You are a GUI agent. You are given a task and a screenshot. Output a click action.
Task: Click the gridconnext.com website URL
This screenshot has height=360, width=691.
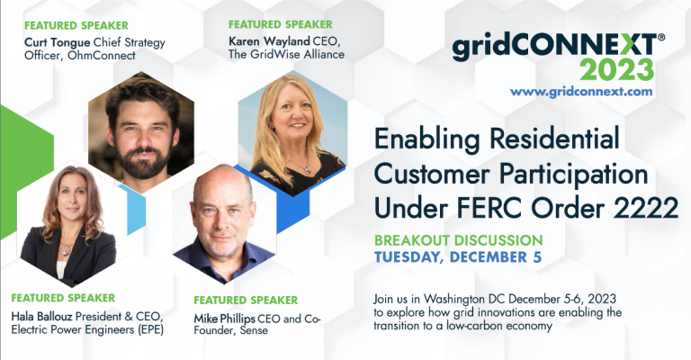coord(581,92)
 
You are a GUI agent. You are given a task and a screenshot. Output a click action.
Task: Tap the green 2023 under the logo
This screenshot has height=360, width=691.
coord(616,69)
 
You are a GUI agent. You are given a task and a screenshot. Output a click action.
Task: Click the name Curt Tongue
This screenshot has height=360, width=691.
coord(58,42)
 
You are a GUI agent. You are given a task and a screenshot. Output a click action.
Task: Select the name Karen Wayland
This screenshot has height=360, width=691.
coord(269,41)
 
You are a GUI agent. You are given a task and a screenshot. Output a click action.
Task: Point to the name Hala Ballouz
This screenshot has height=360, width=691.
coord(43,317)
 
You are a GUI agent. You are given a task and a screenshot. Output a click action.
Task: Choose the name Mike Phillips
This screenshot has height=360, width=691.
coord(224,319)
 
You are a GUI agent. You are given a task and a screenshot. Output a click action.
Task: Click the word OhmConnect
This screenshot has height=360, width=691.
coord(102,56)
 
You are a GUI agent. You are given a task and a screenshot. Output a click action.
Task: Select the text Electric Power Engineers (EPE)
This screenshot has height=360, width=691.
coord(87,330)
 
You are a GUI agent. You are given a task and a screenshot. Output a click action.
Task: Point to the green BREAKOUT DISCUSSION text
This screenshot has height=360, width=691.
coord(458,240)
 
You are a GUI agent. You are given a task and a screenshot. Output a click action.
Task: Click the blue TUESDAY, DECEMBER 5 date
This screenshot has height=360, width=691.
coord(458,257)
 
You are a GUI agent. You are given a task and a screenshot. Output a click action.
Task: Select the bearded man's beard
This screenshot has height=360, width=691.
coord(143,161)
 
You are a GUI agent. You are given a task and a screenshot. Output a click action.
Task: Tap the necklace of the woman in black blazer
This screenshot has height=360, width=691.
coord(66,249)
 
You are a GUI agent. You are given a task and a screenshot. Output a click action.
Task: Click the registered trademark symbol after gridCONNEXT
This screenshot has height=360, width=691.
coord(661,38)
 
